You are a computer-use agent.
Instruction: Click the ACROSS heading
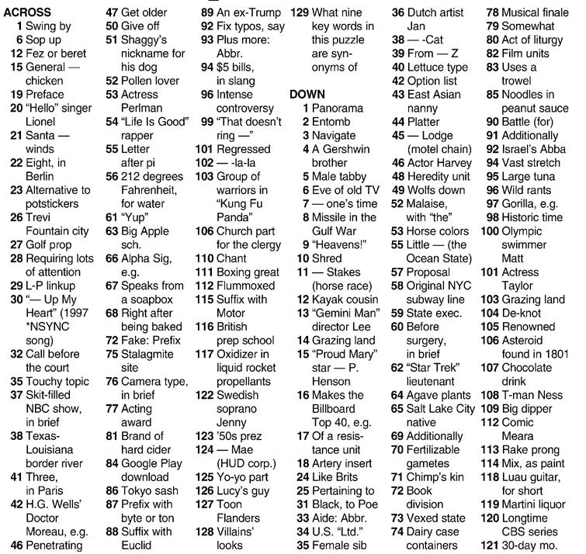tap(26, 12)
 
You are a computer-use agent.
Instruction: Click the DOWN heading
tap(307, 94)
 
